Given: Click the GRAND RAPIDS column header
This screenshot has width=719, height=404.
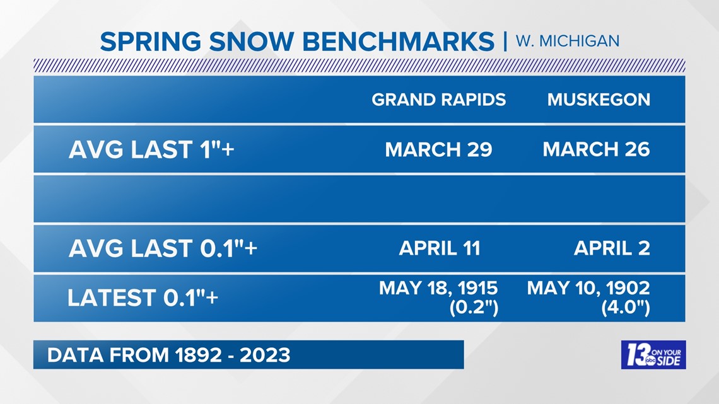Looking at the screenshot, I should (x=438, y=100).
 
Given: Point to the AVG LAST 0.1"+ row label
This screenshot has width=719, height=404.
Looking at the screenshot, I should (x=163, y=248).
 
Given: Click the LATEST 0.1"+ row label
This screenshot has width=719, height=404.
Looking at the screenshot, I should (x=143, y=297).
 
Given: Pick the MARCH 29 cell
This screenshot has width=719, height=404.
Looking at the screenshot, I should (x=438, y=149).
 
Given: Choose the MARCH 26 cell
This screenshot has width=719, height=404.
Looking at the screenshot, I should (x=596, y=149).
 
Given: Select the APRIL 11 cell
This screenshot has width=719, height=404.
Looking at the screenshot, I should (x=439, y=248).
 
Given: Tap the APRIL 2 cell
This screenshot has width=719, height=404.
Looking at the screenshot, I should (x=611, y=248).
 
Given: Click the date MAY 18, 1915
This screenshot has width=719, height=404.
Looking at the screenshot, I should (x=438, y=289).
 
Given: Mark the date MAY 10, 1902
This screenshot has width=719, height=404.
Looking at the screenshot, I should (x=588, y=289).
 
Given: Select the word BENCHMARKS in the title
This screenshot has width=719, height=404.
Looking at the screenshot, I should (x=399, y=42).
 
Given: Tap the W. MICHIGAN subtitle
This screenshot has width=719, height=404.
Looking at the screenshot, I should (x=568, y=41).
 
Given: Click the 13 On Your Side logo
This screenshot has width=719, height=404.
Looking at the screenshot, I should (x=653, y=355).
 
